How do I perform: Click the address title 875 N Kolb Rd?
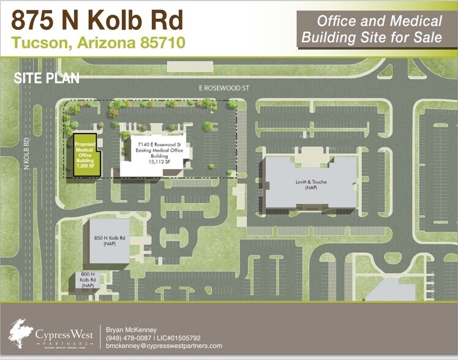point(97,21)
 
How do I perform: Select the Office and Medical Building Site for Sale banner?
point(372,29)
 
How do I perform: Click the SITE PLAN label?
point(46,78)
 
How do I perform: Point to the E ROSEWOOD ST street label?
point(225,88)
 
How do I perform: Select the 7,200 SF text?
point(85,165)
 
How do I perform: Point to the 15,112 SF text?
point(156,162)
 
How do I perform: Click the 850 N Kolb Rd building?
point(107,240)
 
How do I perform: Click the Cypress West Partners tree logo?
point(21,331)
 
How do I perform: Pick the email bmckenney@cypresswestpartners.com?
point(164,346)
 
